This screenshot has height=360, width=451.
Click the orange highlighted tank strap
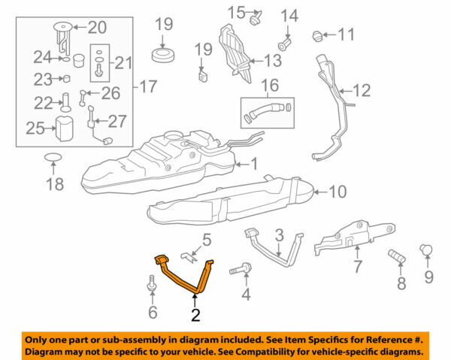coord(185,277)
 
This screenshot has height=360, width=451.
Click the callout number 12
coord(362,92)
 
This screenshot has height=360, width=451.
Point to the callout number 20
coord(98,28)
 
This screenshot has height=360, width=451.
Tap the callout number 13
coord(273,60)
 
